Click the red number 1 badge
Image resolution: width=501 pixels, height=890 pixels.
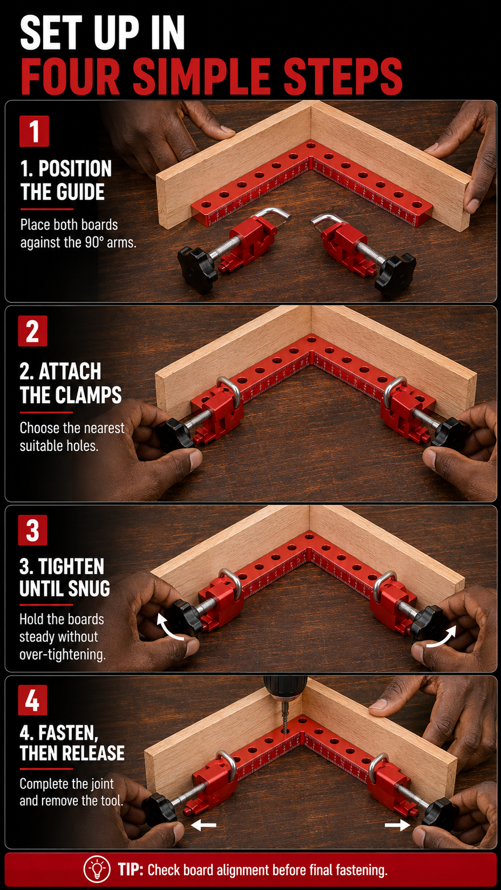coord(34,131)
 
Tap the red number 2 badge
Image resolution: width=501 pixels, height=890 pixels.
coord(32,331)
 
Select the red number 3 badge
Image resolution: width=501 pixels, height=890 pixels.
coord(32,530)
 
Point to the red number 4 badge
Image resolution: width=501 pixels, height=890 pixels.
coord(32,700)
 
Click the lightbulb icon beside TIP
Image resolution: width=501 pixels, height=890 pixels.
coord(96,869)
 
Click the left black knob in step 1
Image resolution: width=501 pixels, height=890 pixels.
coord(198,270)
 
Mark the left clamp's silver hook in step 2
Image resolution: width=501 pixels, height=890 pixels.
coord(229,390)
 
